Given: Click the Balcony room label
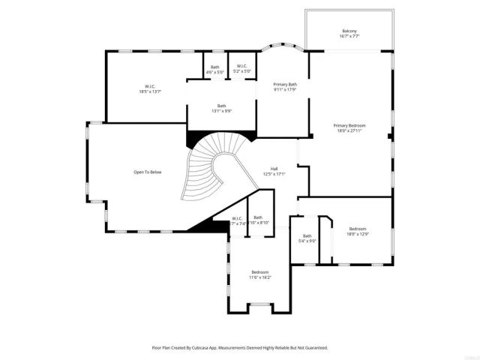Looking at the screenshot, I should (x=349, y=31).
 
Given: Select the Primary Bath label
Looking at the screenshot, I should (x=285, y=85).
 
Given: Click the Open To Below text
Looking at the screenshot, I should (x=148, y=172).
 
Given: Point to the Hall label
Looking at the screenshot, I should (x=274, y=169).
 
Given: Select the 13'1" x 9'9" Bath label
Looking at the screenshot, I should (x=222, y=106).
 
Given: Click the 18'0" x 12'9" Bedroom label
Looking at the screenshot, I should (x=357, y=229).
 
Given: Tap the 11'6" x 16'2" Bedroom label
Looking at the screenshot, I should (x=260, y=272).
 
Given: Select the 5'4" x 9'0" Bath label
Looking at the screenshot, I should (x=307, y=236).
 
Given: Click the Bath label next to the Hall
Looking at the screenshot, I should (x=258, y=217).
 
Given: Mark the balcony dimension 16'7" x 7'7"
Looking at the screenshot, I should (x=349, y=36).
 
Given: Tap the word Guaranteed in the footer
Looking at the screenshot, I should (x=314, y=348).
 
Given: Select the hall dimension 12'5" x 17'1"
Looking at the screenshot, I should (x=274, y=174).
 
